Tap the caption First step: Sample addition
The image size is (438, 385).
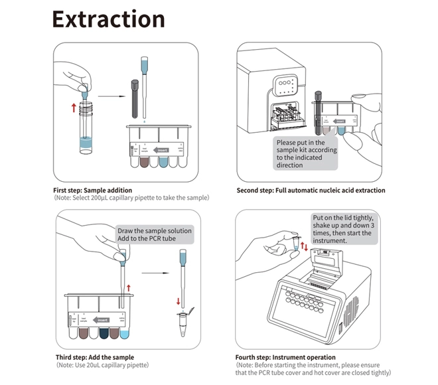(93, 191)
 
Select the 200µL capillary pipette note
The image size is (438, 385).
(133, 198)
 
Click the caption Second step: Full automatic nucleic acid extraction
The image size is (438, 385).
(311, 191)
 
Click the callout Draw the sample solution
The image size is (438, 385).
(154, 234)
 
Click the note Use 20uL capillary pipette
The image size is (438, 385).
(103, 365)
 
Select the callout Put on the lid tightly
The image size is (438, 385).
(344, 229)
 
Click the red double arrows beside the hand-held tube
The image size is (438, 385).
(304, 247)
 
